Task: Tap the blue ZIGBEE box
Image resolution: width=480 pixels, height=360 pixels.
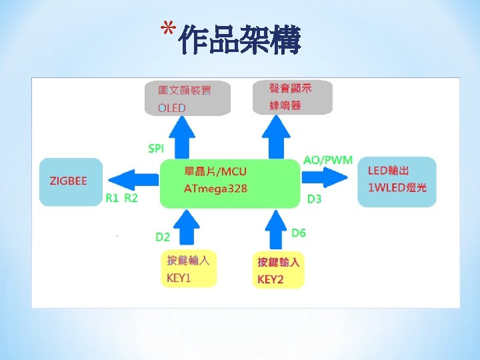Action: tap(70, 181)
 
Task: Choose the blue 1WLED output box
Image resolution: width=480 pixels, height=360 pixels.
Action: tap(397, 181)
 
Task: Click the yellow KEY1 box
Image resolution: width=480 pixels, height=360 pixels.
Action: tap(188, 269)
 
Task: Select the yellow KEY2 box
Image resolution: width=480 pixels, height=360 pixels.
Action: tap(279, 270)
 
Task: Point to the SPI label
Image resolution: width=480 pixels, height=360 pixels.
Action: tap(156, 148)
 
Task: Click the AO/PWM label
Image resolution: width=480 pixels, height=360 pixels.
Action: tap(327, 160)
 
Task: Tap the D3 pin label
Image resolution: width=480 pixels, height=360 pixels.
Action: tap(314, 199)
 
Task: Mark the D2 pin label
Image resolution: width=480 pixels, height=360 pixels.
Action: tap(163, 237)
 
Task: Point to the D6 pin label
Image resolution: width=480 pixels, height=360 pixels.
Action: tap(299, 233)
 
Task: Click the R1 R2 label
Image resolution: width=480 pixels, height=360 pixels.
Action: tap(121, 198)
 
